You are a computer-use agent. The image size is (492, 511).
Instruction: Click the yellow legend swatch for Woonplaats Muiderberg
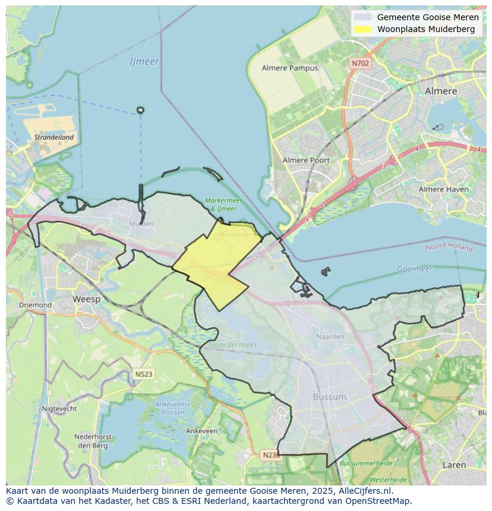pos(362,29)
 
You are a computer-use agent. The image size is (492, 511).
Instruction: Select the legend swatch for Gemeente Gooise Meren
pos(362,17)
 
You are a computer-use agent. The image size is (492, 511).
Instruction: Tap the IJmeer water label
pos(144,62)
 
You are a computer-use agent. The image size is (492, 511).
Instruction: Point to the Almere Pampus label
pos(290,68)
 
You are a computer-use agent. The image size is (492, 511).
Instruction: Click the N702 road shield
pos(360,63)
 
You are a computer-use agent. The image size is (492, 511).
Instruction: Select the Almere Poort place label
pos(306,160)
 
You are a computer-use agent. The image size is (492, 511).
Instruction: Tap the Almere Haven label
pos(443,189)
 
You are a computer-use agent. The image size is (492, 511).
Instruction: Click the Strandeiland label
pos(54,137)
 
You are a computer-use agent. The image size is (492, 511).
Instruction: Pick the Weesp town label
pos(86,299)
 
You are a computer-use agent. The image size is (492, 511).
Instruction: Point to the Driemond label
pos(35,305)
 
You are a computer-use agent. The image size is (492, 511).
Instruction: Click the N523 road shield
pos(143,374)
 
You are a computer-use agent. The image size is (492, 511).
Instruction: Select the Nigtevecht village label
pos(59,409)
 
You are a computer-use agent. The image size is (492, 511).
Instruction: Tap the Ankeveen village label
pos(201,431)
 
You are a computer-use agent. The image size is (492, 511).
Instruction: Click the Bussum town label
pos(329,396)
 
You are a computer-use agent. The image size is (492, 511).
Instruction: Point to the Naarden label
pos(330,337)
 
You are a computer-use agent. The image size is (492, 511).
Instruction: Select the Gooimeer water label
pos(415,269)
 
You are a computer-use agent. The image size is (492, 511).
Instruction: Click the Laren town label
pos(454,465)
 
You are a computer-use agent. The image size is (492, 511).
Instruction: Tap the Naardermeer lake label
pos(232,345)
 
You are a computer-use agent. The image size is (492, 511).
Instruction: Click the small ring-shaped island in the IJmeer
pos(140,110)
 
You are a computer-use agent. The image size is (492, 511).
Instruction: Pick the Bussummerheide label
pos(366,462)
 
